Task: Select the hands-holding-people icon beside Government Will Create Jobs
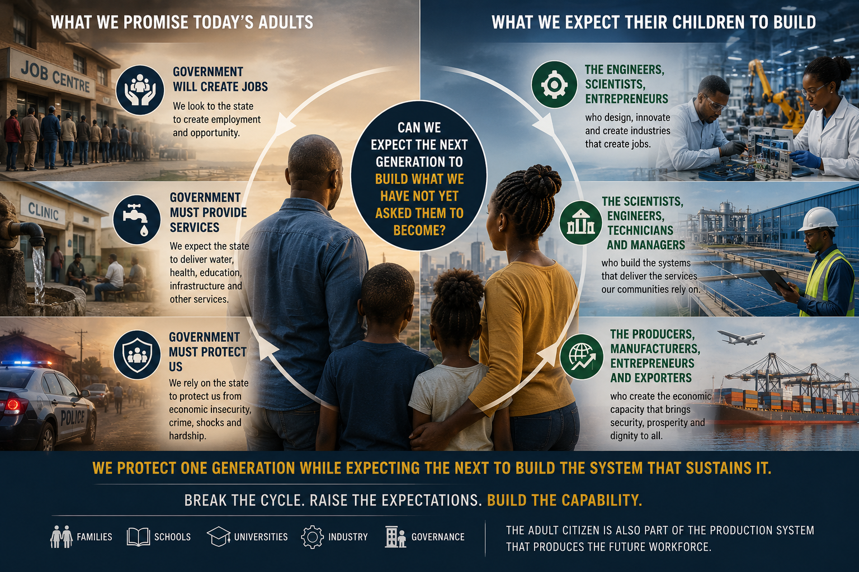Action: point(140,90)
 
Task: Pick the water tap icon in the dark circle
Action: point(136,220)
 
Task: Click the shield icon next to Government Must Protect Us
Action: point(137,355)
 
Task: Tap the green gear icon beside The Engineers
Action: point(554,84)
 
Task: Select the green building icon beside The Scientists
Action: point(580,222)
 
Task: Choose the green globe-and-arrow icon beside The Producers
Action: point(582,357)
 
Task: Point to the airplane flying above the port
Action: point(741,337)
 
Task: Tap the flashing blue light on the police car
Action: point(25,363)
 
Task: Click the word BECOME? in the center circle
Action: point(419,230)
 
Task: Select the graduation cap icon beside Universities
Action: point(219,536)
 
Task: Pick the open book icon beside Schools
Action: point(139,537)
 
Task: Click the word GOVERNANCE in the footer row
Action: point(438,537)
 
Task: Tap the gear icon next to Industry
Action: point(313,537)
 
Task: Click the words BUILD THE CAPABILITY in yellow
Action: point(564,500)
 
